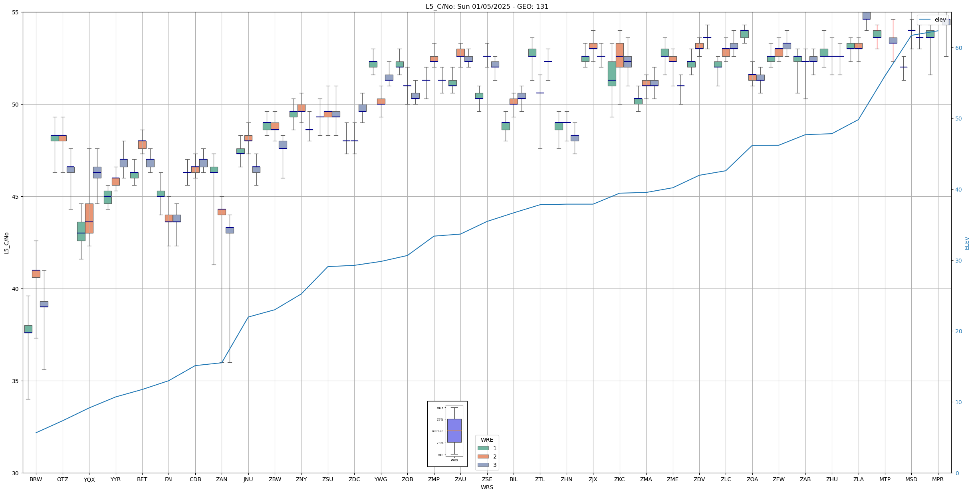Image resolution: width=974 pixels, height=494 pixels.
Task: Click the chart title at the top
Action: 487,6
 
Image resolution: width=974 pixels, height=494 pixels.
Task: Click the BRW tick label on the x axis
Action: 36,479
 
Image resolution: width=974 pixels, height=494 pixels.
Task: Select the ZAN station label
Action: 222,479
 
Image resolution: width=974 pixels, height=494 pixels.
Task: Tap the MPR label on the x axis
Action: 938,479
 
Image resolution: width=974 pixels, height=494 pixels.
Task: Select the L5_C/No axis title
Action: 6,243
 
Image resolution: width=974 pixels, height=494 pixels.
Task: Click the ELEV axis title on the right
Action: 967,243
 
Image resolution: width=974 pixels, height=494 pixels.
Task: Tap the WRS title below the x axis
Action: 487,487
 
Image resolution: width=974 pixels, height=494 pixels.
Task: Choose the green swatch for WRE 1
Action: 483,448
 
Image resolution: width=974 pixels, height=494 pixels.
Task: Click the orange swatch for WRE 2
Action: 483,456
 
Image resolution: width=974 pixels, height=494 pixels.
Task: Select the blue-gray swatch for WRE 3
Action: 483,465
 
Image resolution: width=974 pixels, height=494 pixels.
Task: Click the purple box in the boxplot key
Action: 454,431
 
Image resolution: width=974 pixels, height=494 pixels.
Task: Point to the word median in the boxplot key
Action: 437,431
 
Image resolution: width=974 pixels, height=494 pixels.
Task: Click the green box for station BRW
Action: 28,329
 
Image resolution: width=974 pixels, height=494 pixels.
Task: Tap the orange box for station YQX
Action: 89,218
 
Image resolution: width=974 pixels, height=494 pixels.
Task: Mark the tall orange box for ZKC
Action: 619,55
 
